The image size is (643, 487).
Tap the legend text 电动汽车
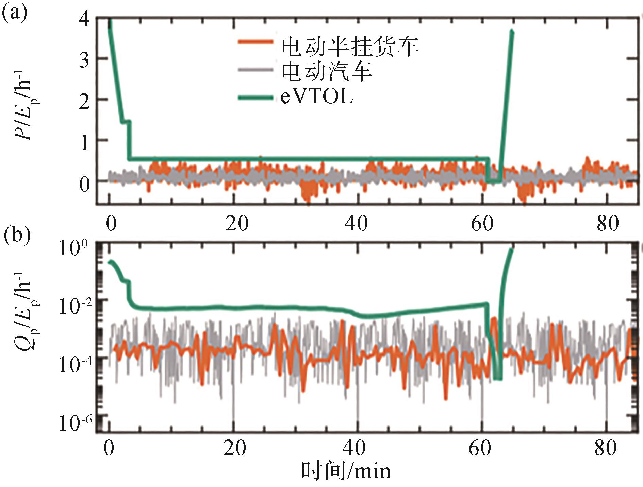pyautogui.click(x=327, y=71)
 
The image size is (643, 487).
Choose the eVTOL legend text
pyautogui.click(x=317, y=97)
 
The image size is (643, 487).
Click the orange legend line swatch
pyautogui.click(x=255, y=42)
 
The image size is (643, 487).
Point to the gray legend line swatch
pyautogui.click(x=255, y=70)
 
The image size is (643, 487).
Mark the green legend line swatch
pyautogui.click(x=255, y=98)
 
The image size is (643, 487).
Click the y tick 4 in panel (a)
pyautogui.click(x=85, y=19)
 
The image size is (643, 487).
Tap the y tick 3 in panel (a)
pyautogui.click(x=85, y=60)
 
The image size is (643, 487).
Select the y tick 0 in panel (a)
pyautogui.click(x=85, y=185)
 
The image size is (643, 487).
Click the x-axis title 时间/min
pyautogui.click(x=346, y=471)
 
